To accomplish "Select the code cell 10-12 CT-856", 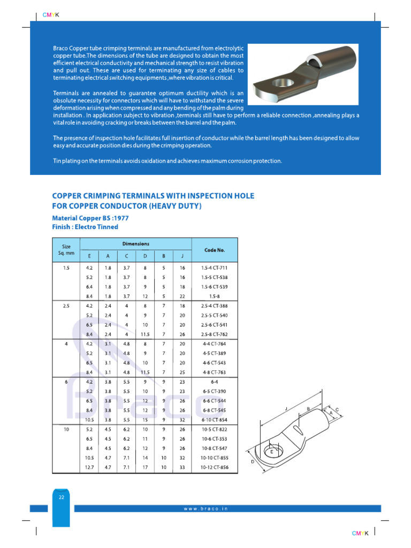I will (214, 467).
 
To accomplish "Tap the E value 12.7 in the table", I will (89, 467).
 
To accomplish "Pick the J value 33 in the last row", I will (182, 467).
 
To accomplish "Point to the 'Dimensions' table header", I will (136, 244).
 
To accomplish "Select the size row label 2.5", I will (66, 306).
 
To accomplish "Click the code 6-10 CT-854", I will (214, 420).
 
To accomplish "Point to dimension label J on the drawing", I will (287, 409).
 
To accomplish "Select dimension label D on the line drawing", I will (252, 461).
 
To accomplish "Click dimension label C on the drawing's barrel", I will (337, 410).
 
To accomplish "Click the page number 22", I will (61, 497).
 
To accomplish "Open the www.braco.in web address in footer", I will (206, 508).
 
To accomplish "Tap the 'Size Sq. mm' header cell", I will (66, 249).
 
